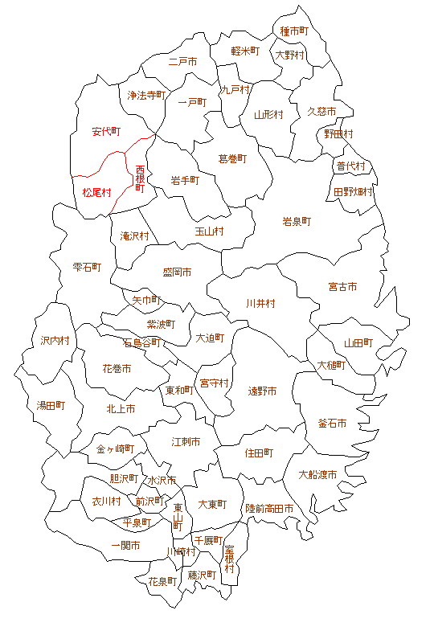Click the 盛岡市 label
(177, 273)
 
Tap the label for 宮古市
(342, 287)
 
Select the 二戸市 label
(183, 61)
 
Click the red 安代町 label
(106, 131)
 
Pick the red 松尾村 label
(96, 193)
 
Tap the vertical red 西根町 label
(140, 179)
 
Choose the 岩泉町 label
(297, 221)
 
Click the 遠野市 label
(262, 391)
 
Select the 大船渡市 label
(317, 474)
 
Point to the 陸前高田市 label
(269, 509)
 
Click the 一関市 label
(125, 546)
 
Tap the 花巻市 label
(117, 369)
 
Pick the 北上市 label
(121, 408)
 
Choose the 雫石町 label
(87, 267)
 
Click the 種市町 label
(294, 31)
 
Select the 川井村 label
(260, 304)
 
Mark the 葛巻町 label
(233, 159)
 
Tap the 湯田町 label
(51, 406)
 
